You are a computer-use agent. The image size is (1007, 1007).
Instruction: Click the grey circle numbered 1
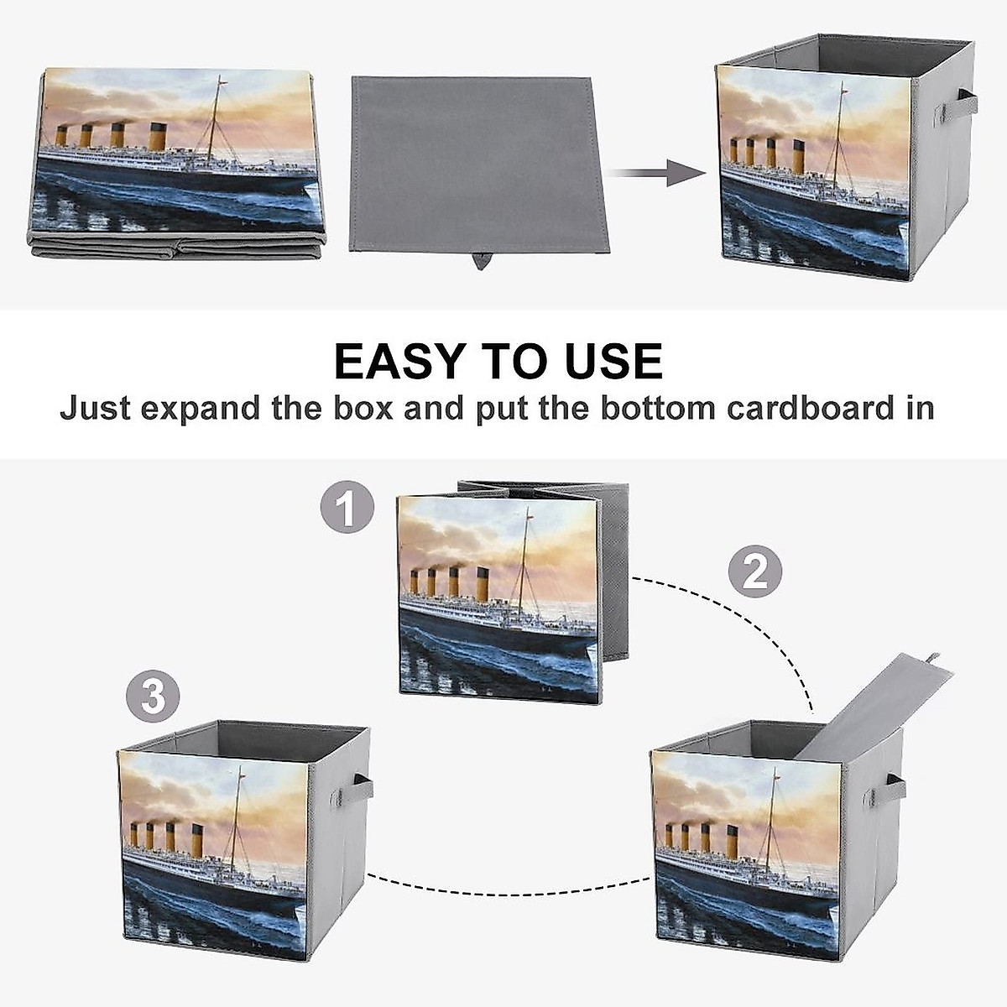click(x=346, y=508)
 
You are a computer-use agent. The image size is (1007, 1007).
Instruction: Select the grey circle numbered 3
click(x=153, y=696)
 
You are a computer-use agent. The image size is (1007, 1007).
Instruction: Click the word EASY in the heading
click(x=399, y=361)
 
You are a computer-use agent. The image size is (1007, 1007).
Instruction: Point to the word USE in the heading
click(x=612, y=361)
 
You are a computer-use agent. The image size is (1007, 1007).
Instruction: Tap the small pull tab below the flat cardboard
click(x=481, y=261)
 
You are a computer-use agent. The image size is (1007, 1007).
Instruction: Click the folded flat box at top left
click(x=177, y=163)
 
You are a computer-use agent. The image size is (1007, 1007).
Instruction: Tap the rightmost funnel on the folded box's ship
click(x=157, y=137)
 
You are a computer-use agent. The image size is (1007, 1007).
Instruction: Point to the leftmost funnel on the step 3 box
click(x=133, y=835)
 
